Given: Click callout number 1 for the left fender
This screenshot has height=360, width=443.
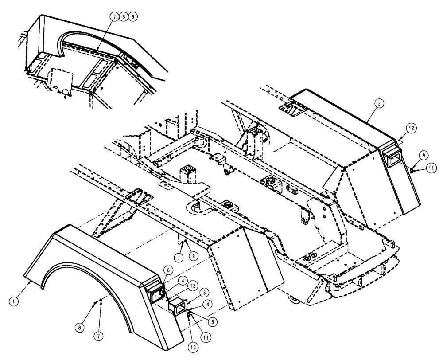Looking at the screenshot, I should [15, 300].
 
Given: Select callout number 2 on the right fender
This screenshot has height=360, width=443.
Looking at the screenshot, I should [380, 102].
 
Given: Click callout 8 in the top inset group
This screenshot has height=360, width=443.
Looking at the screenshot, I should [124, 16].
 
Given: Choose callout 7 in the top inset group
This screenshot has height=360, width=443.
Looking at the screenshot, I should [115, 16].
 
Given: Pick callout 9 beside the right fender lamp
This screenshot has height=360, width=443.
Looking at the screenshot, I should [422, 155].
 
